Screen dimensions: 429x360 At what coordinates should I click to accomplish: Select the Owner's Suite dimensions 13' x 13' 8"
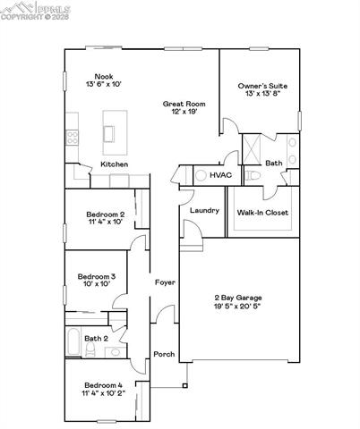(x=262, y=95)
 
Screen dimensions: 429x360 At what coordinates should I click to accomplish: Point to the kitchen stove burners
(x=71, y=138)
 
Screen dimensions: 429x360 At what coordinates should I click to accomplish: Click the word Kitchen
(x=114, y=164)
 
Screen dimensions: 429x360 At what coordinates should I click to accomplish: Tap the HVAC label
(x=220, y=176)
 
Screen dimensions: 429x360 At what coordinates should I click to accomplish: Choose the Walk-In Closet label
(x=261, y=213)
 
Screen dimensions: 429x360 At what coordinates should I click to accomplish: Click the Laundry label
(x=204, y=210)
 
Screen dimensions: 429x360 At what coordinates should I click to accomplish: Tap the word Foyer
(x=165, y=282)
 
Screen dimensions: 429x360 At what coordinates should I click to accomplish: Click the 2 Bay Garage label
(x=237, y=298)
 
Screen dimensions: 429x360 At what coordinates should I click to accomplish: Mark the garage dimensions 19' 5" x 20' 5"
(x=237, y=307)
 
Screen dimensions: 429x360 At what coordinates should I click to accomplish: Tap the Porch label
(x=164, y=354)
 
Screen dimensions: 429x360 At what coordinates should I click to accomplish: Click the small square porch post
(x=185, y=386)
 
